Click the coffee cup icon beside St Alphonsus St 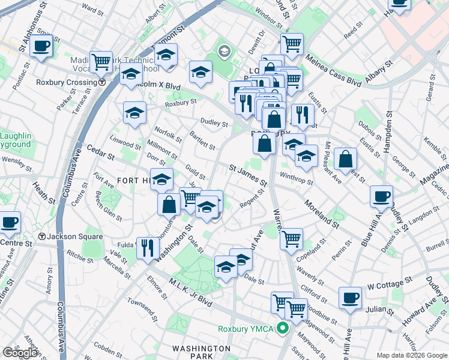click(x=41, y=46)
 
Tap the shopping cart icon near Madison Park click(x=101, y=61)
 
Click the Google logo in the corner click(x=20, y=353)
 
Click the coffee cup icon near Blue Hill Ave click(x=381, y=196)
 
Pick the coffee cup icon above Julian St click(x=350, y=297)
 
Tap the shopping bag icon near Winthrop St click(x=346, y=158)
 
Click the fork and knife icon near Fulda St click(x=148, y=247)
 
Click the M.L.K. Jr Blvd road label click(x=190, y=295)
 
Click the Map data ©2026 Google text click(x=411, y=355)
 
